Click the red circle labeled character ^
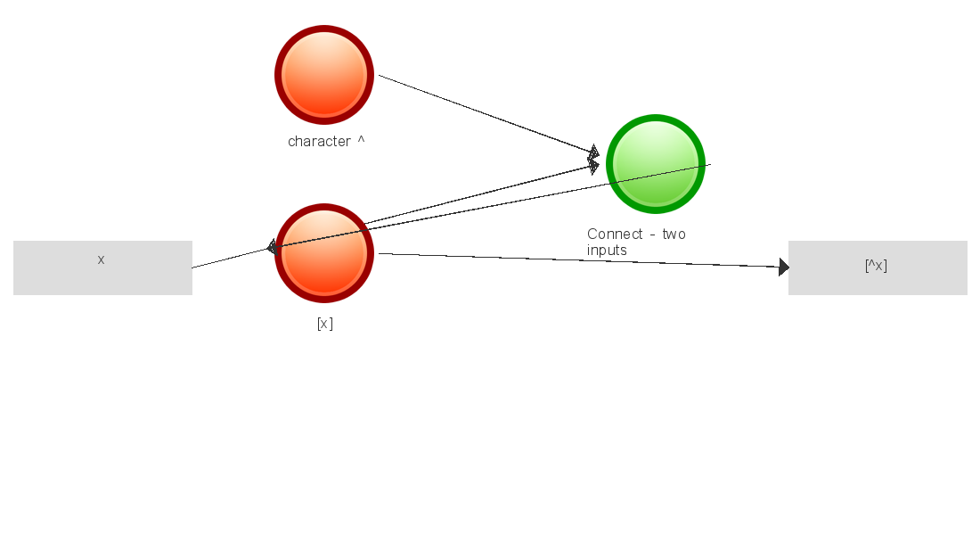pos(324,75)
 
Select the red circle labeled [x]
pos(324,253)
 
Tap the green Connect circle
pos(656,164)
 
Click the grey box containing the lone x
pos(102,267)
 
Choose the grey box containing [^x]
pos(878,267)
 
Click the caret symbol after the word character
pos(361,140)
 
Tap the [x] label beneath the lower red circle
pos(324,324)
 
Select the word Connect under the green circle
pos(615,235)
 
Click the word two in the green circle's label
pos(674,235)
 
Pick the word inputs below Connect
pos(607,251)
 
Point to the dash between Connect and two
pos(652,235)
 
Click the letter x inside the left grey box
pos(101,259)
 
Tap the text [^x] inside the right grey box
pos(876,265)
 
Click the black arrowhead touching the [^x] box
pos(783,267)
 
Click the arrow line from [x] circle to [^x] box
pos(579,260)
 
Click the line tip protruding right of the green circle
pos(707,165)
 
